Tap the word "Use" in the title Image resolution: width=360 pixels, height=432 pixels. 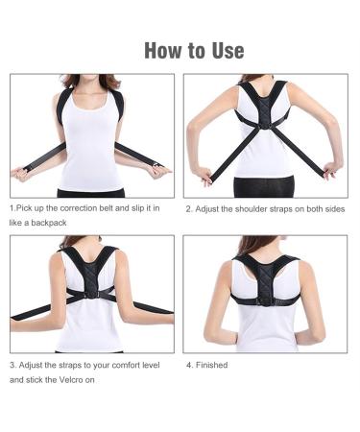point(224,50)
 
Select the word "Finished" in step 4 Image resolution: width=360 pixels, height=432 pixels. point(214,365)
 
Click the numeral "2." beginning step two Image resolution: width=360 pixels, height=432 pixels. point(188,207)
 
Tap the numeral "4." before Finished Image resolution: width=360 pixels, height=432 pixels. point(188,365)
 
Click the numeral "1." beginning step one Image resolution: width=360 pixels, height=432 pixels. point(12,207)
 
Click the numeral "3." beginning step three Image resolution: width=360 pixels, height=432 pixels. point(12,365)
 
